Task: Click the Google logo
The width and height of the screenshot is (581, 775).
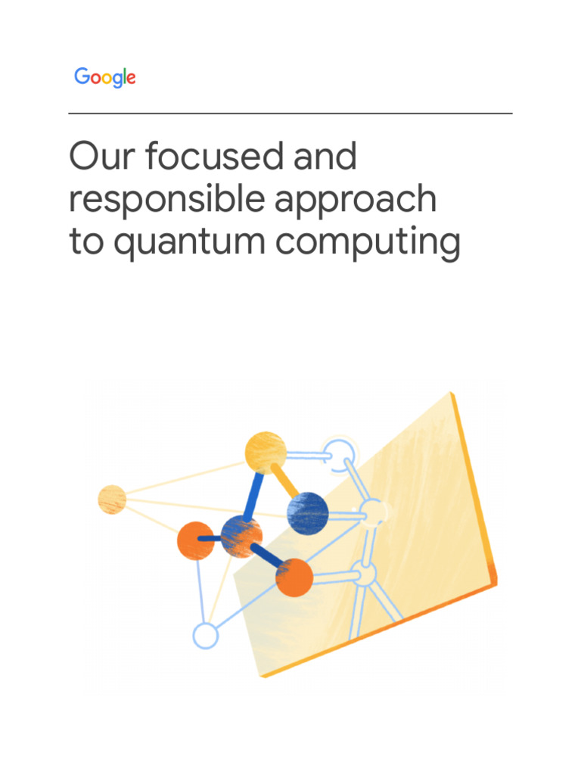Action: [x=104, y=77]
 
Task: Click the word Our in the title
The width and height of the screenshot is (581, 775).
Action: [x=102, y=156]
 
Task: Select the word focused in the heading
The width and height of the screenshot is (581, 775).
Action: [x=214, y=155]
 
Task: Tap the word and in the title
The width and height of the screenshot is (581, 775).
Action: [x=325, y=155]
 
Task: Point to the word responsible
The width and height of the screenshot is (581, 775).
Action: [x=167, y=200]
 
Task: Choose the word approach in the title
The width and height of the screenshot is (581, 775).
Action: [x=356, y=200]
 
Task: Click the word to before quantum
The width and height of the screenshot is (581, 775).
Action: [x=86, y=241]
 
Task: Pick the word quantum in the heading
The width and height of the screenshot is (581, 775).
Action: [x=190, y=243]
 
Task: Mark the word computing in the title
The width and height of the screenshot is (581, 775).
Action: [x=368, y=243]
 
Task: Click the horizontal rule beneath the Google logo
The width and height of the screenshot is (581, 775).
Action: [x=290, y=114]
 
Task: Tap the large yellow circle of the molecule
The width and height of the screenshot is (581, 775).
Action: [x=266, y=453]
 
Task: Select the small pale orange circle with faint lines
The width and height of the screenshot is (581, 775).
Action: [x=112, y=500]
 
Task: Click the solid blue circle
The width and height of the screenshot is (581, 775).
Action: [x=308, y=513]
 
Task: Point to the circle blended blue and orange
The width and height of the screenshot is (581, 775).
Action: [x=241, y=537]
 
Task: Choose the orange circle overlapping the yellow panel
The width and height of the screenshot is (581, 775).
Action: [x=294, y=577]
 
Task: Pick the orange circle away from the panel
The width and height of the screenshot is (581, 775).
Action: [x=196, y=540]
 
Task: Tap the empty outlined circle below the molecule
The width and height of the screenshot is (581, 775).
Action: [x=206, y=636]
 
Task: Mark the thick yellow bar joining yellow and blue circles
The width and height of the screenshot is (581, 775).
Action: [x=285, y=480]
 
